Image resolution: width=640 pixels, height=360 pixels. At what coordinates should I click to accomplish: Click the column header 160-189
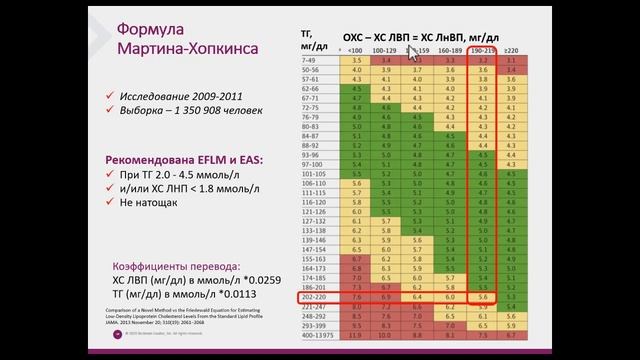tap(449, 49)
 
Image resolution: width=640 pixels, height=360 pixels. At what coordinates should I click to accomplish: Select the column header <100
tap(356, 49)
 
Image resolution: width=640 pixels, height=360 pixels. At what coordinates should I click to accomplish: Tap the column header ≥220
tap(511, 49)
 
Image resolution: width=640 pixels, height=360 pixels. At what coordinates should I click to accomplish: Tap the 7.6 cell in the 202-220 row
tap(356, 299)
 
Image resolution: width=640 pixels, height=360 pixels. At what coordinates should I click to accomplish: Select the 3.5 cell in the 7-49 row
tap(356, 60)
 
